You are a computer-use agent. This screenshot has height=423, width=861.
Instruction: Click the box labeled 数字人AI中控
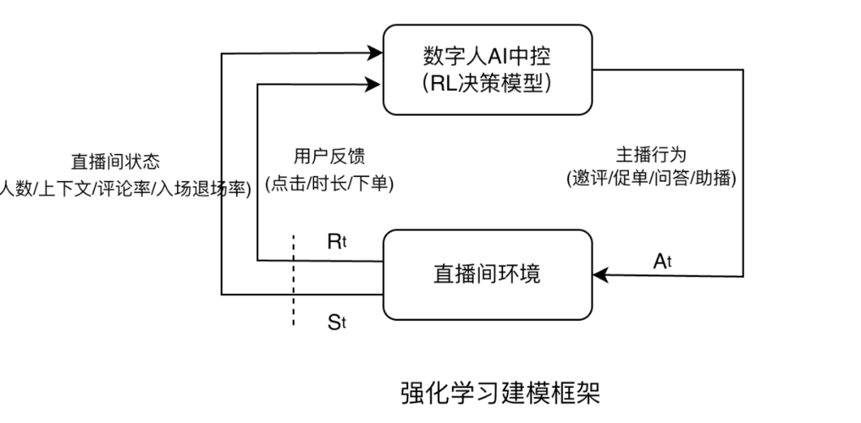coord(487,69)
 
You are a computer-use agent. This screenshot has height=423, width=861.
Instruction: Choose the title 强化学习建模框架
coord(500,393)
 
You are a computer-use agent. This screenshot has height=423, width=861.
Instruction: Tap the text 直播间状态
coord(116,162)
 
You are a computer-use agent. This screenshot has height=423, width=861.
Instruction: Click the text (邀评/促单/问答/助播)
coord(651,179)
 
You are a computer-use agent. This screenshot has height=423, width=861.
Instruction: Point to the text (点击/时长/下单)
coord(329,183)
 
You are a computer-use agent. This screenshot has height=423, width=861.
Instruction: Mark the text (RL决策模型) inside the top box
coord(488,83)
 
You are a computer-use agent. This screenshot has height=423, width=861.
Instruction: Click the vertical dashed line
coord(293,279)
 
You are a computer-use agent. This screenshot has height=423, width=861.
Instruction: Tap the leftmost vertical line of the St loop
coord(222,175)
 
